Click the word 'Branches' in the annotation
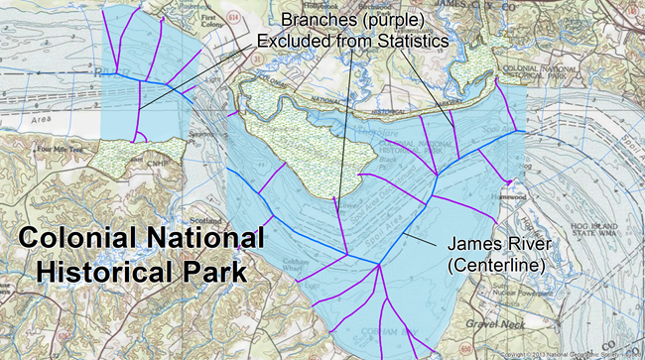point(315,20)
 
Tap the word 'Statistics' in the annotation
point(405,42)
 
